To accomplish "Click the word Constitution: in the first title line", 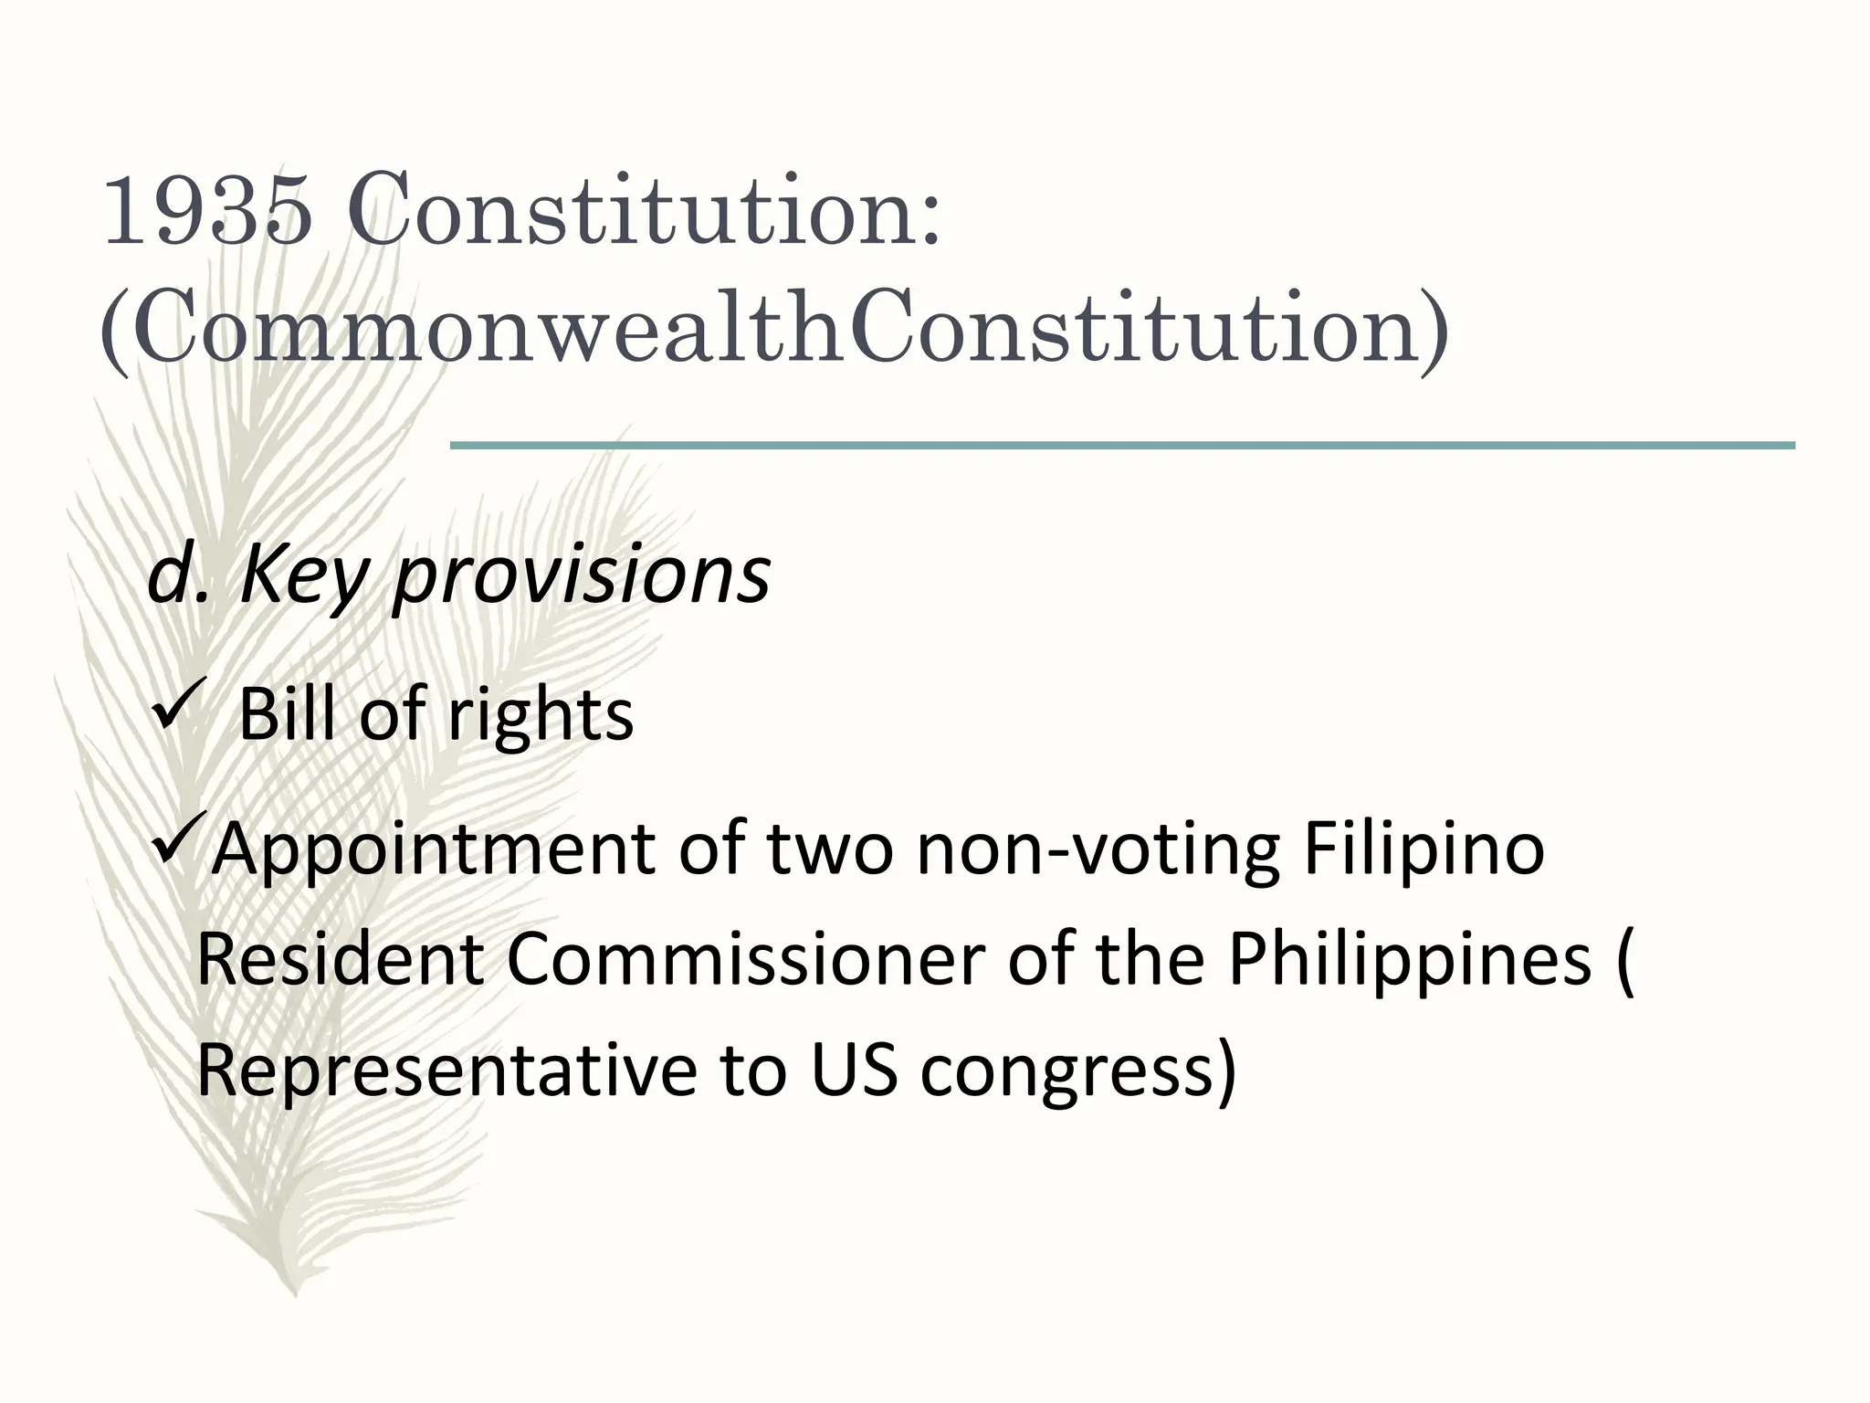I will pos(644,211).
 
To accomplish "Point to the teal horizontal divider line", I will pos(1122,446).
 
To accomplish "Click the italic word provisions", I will pos(582,577).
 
